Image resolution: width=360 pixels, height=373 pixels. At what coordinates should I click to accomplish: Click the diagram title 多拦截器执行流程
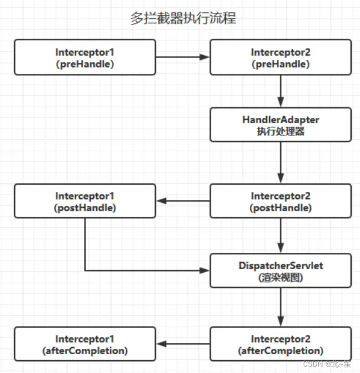pos(183,18)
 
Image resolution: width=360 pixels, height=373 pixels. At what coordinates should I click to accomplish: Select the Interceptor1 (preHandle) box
pos(85,57)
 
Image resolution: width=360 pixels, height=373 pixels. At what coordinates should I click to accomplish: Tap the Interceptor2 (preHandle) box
pos(280,57)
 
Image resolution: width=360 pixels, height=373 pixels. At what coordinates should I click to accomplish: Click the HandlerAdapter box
pos(280,124)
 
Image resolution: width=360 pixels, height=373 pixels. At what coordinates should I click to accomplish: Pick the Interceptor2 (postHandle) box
pos(280,201)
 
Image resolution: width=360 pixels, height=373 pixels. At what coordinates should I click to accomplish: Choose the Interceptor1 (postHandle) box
pos(85,201)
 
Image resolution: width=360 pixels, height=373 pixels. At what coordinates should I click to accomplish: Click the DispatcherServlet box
pos(280,271)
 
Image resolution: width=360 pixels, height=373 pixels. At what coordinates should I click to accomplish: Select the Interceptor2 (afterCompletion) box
pos(280,345)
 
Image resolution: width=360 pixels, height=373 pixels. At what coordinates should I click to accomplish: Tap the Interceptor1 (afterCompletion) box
pos(85,345)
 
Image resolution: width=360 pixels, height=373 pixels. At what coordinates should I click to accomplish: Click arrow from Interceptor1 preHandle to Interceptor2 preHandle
pos(182,57)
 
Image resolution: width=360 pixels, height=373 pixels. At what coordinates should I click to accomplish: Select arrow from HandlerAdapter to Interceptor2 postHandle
pos(281,162)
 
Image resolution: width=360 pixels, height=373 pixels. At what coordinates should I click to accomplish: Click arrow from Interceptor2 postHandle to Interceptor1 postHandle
pos(182,201)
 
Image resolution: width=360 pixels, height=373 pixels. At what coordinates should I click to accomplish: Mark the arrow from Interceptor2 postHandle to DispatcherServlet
pos(281,236)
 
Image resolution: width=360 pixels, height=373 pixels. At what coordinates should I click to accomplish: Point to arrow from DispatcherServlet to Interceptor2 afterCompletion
pos(281,307)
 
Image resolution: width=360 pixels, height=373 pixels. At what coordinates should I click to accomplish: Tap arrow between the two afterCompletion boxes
pos(182,345)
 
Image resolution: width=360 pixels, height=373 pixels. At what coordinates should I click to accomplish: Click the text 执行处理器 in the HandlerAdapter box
pos(280,131)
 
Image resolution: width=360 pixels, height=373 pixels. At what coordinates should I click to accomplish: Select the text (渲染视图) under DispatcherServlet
pos(280,277)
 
